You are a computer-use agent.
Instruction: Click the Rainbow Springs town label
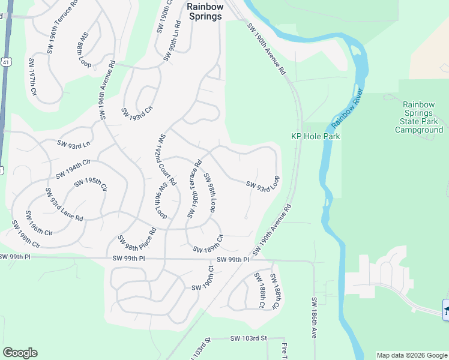(x=205, y=11)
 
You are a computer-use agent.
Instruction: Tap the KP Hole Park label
(x=316, y=136)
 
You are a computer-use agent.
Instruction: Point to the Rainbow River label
(x=348, y=108)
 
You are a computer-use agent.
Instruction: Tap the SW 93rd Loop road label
(x=263, y=183)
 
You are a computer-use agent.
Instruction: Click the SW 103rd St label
(x=248, y=339)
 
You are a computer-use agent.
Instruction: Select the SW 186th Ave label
(x=313, y=317)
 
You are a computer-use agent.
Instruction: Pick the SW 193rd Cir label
(x=137, y=113)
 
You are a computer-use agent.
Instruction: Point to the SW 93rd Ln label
(x=73, y=143)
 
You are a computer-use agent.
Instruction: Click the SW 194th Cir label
(x=73, y=169)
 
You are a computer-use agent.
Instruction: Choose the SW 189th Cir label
(x=208, y=244)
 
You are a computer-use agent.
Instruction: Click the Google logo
(x=20, y=353)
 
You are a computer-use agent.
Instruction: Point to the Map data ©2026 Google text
(x=412, y=355)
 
